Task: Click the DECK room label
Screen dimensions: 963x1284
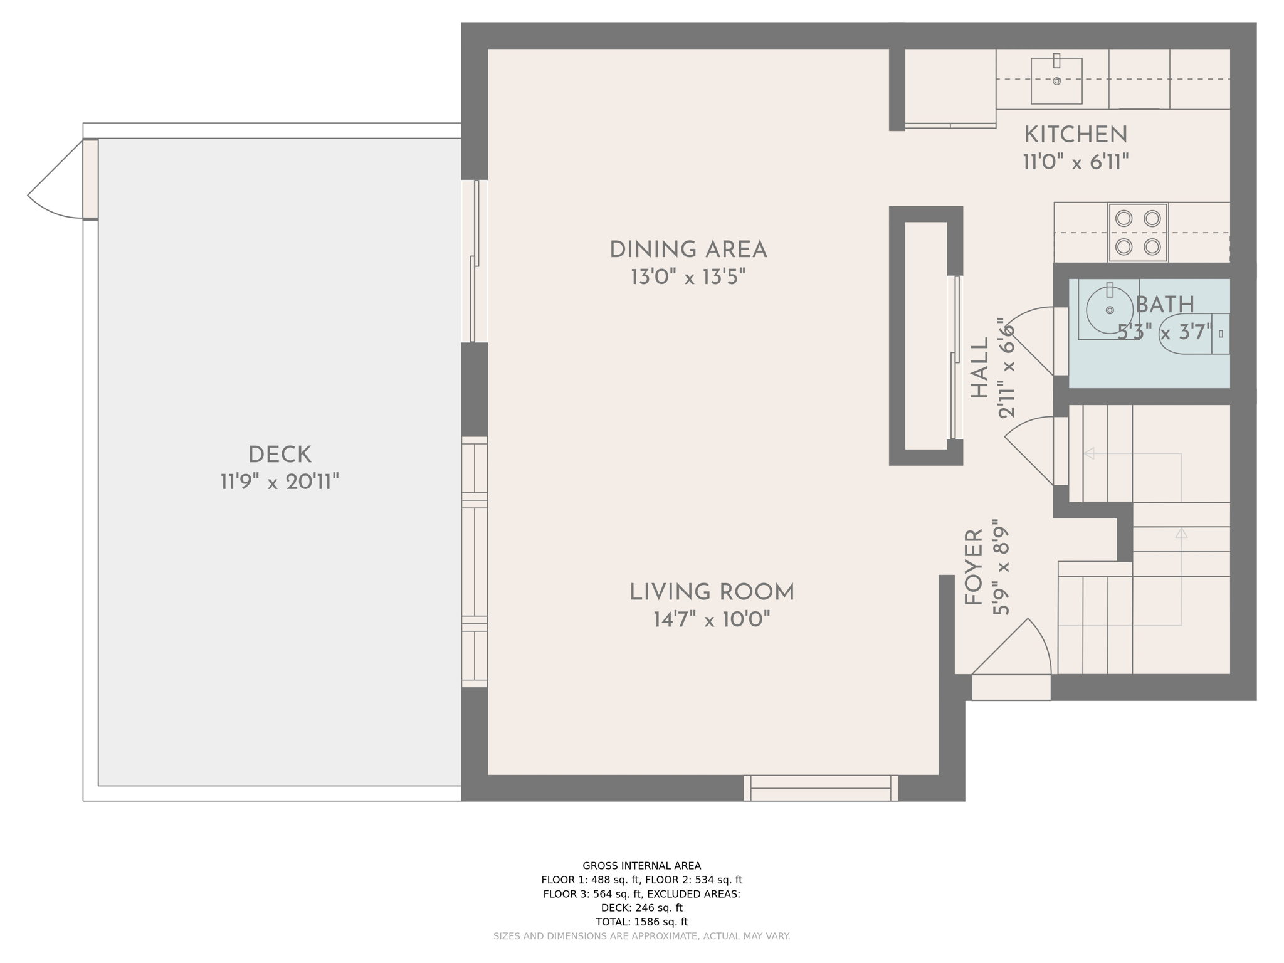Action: (x=280, y=455)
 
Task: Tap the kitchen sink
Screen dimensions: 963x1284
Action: (x=1056, y=81)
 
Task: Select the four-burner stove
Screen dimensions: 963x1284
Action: (x=1138, y=233)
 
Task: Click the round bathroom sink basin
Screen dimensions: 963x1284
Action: (x=1109, y=310)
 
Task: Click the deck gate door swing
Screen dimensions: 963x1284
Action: (x=56, y=182)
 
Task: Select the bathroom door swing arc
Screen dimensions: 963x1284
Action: (x=1028, y=339)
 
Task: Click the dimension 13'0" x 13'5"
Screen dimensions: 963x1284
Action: (x=688, y=277)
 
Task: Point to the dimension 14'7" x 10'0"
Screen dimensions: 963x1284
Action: (x=712, y=620)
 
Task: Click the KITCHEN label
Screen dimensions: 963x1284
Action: (x=1075, y=135)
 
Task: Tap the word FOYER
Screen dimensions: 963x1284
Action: (x=974, y=567)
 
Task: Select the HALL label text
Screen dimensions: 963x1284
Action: (x=979, y=368)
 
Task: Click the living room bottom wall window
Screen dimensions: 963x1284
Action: (x=820, y=788)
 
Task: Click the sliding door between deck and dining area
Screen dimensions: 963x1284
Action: (x=475, y=261)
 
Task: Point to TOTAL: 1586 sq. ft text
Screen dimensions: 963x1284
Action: (x=641, y=922)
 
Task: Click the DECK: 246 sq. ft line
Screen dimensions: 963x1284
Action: (x=641, y=908)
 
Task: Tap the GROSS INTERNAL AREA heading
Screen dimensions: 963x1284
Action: (x=641, y=866)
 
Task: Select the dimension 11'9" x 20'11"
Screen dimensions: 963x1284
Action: (x=280, y=482)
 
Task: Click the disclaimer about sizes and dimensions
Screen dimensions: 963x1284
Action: (x=641, y=936)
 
